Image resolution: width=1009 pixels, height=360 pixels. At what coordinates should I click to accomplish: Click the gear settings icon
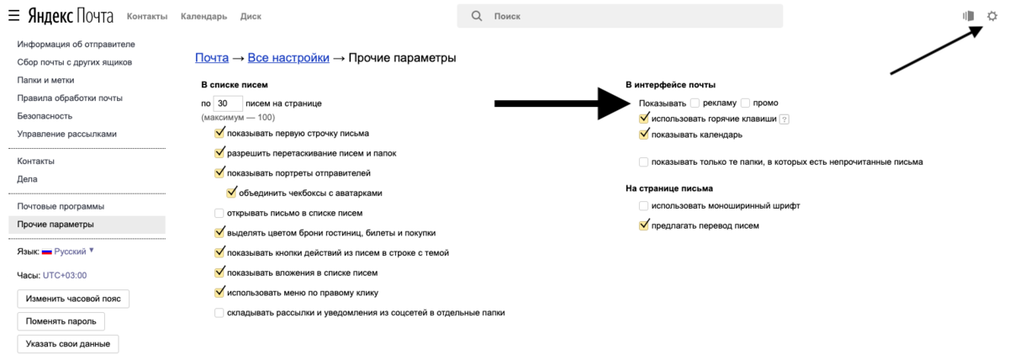pyautogui.click(x=992, y=16)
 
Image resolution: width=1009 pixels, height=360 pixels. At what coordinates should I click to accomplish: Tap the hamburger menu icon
pyautogui.click(x=14, y=16)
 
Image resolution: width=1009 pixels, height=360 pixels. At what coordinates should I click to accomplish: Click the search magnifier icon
pyautogui.click(x=477, y=16)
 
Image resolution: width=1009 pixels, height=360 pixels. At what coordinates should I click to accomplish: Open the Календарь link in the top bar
pyautogui.click(x=203, y=17)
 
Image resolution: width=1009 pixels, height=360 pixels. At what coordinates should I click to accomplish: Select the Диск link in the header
pyautogui.click(x=251, y=17)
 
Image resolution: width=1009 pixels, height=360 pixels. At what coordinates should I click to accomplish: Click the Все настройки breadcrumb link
pyautogui.click(x=288, y=58)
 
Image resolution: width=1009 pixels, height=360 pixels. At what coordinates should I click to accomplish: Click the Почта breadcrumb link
pyautogui.click(x=212, y=58)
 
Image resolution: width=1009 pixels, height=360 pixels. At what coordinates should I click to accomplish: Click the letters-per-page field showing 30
pyautogui.click(x=228, y=103)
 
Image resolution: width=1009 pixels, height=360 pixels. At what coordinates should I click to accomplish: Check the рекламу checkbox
pyautogui.click(x=695, y=103)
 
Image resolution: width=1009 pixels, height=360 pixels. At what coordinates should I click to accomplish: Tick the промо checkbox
pyautogui.click(x=746, y=103)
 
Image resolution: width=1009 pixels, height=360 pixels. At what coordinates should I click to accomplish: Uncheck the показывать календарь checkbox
pyautogui.click(x=644, y=135)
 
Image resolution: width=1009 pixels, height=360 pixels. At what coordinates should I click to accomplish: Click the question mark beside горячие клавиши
pyautogui.click(x=784, y=119)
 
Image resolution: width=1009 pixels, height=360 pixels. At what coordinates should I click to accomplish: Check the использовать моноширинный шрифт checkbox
pyautogui.click(x=644, y=206)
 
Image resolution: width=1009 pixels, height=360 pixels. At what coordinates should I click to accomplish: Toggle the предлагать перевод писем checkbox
pyautogui.click(x=644, y=225)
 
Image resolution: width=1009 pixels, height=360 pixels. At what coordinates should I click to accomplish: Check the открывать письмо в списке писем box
pyautogui.click(x=219, y=213)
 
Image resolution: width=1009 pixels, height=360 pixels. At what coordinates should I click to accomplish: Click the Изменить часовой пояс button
pyautogui.click(x=73, y=299)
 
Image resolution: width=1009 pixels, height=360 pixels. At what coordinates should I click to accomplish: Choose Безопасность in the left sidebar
pyautogui.click(x=45, y=116)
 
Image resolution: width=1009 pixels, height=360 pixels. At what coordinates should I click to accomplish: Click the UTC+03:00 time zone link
pyautogui.click(x=65, y=275)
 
